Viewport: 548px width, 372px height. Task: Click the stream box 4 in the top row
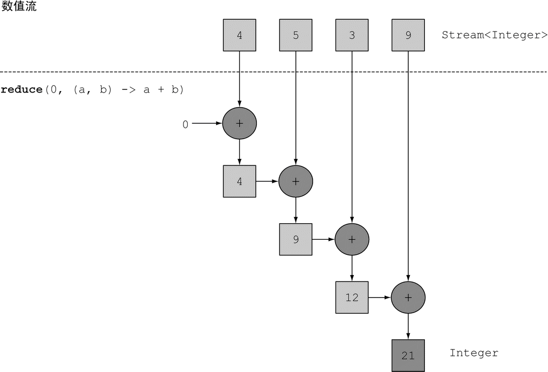[x=239, y=35]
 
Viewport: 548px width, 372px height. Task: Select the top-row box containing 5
[x=295, y=35]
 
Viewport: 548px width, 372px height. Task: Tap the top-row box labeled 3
[x=352, y=35]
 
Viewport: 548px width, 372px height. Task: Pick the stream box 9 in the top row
[x=408, y=35]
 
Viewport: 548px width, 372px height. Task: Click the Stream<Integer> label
[x=494, y=35]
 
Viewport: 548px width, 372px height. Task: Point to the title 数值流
[x=19, y=7]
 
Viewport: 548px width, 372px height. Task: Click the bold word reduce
[x=21, y=89]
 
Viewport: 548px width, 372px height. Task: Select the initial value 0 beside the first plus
[x=185, y=125]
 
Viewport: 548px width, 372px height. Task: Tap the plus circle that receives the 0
[x=239, y=123]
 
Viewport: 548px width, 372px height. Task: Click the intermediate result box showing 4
[x=239, y=181]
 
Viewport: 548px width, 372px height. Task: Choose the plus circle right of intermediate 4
[x=295, y=181]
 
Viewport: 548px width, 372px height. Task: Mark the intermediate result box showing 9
[x=295, y=239]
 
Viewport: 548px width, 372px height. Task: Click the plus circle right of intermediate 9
[x=352, y=239]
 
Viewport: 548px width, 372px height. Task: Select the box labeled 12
[x=352, y=297]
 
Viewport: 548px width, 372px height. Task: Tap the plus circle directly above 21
[x=408, y=297]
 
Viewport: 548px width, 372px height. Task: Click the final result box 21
[x=408, y=355]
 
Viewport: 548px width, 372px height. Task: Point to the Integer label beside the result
[x=474, y=353]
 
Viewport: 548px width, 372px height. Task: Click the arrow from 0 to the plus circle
[x=207, y=123]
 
